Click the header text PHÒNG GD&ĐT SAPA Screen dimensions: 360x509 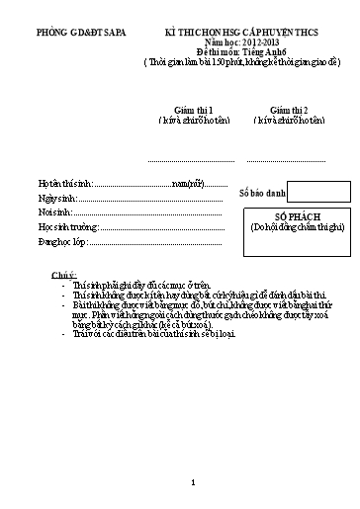point(72,34)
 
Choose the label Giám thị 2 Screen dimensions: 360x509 point(281,111)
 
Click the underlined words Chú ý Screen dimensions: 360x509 point(63,272)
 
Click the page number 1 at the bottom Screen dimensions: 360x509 point(195,482)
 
